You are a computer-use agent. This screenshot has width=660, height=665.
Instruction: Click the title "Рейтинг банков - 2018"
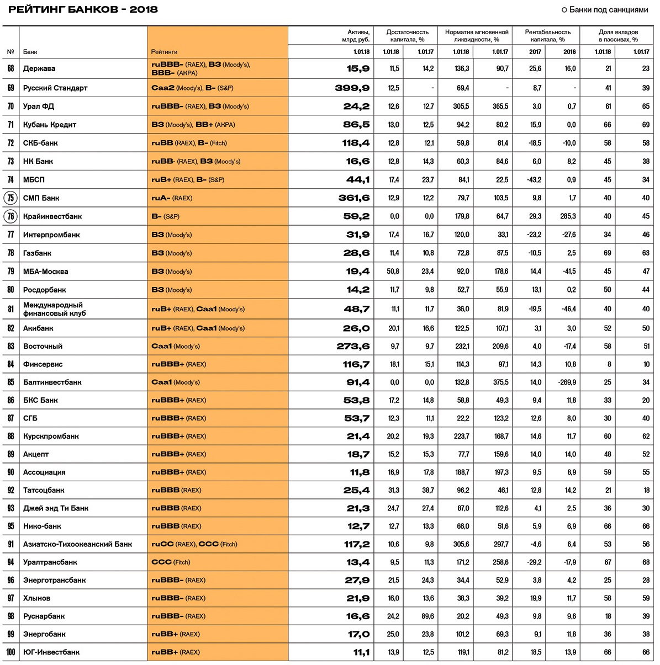pyautogui.click(x=83, y=9)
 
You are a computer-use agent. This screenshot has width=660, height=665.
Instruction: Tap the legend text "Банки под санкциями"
pyautogui.click(x=608, y=9)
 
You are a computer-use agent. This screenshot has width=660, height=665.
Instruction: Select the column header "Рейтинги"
pyautogui.click(x=164, y=52)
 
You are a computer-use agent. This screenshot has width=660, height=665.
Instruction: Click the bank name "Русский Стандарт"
pyautogui.click(x=55, y=88)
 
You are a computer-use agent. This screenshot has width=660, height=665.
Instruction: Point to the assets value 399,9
pyautogui.click(x=352, y=88)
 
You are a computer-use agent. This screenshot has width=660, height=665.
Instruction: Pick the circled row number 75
pyautogui.click(x=10, y=198)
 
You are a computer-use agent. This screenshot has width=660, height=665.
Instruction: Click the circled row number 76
pyautogui.click(x=10, y=216)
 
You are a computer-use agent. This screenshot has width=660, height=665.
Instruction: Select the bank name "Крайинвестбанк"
pyautogui.click(x=52, y=216)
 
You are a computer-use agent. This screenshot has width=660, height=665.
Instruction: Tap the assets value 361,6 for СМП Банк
pyautogui.click(x=354, y=198)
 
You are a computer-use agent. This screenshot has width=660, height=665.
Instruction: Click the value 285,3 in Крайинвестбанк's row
pyautogui.click(x=568, y=216)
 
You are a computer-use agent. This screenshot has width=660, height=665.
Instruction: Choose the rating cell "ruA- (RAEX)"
pyautogui.click(x=172, y=198)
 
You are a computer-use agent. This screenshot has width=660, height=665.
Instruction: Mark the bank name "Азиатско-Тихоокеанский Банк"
pyautogui.click(x=77, y=544)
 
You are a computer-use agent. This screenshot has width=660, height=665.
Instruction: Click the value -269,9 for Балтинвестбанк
pyautogui.click(x=567, y=382)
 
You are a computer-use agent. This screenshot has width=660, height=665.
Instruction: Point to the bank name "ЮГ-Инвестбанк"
pyautogui.click(x=51, y=652)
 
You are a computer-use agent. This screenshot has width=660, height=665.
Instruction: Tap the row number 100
pyautogui.click(x=10, y=652)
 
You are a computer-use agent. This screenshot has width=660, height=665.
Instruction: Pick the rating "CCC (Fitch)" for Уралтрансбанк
pyautogui.click(x=171, y=562)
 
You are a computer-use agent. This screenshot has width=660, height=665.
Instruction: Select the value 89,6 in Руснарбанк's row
pyautogui.click(x=427, y=616)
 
